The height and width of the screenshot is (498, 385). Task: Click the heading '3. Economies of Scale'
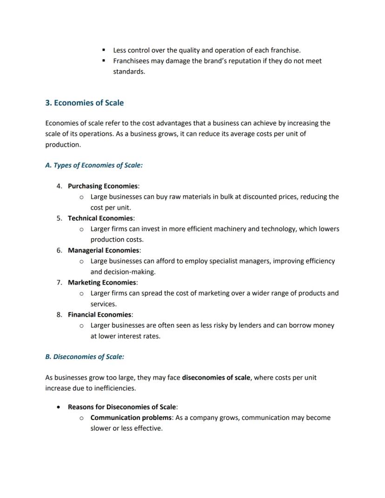84,103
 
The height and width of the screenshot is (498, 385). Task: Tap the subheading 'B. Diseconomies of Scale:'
85,357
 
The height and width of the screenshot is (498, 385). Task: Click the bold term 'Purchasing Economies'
103,186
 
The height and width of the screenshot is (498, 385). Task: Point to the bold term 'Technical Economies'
100,218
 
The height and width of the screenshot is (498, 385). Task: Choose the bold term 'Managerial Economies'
103,250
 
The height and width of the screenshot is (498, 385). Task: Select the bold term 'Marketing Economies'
102,282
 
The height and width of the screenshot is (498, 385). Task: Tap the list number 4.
59,186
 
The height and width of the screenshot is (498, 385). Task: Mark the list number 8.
59,314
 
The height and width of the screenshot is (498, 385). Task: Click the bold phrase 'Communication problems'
131,418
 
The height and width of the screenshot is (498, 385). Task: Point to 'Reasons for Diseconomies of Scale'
122,407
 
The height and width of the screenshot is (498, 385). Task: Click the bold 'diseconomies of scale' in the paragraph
216,378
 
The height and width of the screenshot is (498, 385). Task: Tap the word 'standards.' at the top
129,72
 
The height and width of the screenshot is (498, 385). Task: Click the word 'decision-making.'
123,272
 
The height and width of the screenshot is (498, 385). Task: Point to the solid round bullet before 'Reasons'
58,407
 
